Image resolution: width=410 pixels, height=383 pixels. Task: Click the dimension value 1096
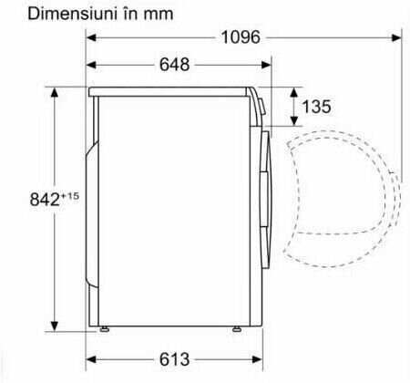(x=241, y=37)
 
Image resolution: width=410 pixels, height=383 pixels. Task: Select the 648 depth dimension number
(x=174, y=65)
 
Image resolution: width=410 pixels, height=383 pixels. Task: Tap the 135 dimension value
(x=316, y=107)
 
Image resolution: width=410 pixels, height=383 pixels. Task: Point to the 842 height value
(x=45, y=200)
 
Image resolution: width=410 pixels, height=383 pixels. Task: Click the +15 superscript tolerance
(x=70, y=196)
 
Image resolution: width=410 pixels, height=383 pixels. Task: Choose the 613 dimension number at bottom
(x=174, y=359)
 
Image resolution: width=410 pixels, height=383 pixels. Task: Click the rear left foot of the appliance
(x=104, y=329)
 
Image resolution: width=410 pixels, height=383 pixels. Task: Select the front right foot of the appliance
(x=236, y=329)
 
